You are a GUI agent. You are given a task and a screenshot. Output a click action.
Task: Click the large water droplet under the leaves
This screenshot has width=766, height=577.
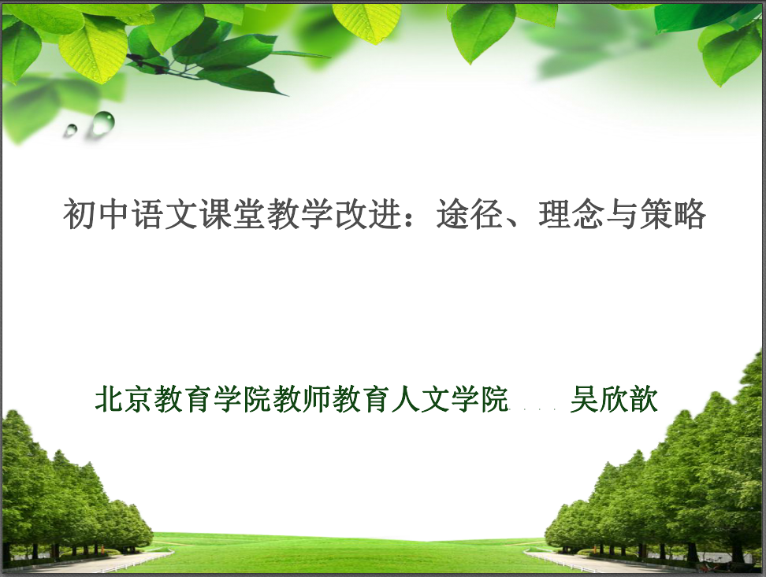(x=103, y=123)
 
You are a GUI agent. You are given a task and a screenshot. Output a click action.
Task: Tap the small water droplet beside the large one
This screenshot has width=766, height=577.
(x=71, y=130)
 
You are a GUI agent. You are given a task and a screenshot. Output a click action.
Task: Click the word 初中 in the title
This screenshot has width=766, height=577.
(x=96, y=214)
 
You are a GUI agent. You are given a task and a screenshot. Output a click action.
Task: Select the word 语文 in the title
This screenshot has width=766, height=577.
(x=164, y=214)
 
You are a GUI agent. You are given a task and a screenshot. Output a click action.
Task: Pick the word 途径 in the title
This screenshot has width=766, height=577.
(x=470, y=214)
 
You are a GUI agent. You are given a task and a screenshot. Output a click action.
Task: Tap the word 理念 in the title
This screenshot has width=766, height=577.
(x=571, y=214)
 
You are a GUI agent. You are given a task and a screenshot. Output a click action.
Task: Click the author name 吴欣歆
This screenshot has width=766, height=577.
(x=614, y=399)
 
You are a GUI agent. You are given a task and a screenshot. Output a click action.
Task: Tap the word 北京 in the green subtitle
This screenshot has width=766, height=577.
(x=125, y=399)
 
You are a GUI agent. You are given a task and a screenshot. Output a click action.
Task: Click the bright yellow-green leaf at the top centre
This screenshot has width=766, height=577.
(x=367, y=22)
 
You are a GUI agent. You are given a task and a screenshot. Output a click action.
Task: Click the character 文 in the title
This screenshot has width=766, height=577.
(x=180, y=214)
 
